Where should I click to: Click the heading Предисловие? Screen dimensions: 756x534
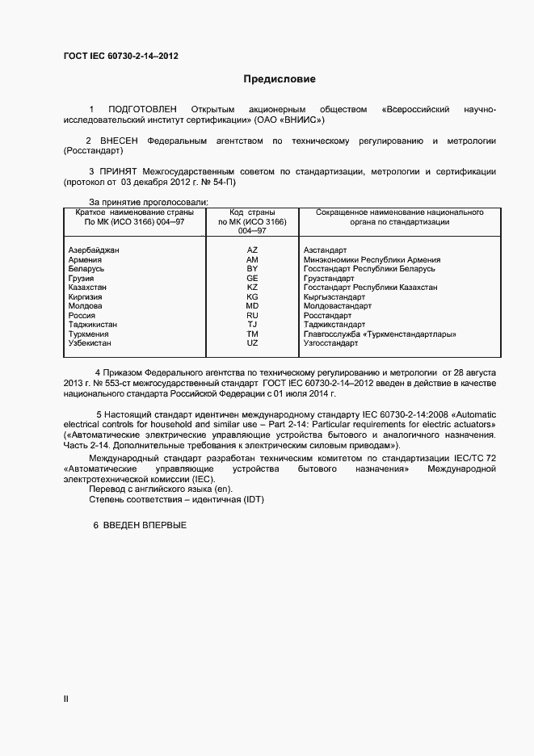click(x=280, y=79)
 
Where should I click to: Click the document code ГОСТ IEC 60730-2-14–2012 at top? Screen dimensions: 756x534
click(x=120, y=57)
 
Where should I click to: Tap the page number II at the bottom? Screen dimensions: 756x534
click(x=66, y=699)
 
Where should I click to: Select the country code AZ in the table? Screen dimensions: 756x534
click(x=252, y=250)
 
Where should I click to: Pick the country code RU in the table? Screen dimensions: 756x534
click(x=252, y=316)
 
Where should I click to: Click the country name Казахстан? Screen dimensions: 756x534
click(x=88, y=288)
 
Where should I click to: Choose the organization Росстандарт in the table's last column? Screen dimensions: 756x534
click(x=327, y=316)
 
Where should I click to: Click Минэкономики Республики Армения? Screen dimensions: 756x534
click(x=372, y=260)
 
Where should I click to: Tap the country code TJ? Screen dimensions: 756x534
click(x=252, y=325)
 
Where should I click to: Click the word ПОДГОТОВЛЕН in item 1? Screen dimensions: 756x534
click(x=142, y=109)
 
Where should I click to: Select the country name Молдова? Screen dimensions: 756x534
click(x=86, y=306)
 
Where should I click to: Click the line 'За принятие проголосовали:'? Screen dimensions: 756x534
click(x=149, y=202)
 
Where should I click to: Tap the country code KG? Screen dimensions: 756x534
click(x=252, y=297)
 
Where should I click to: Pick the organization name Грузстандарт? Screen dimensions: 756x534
click(x=329, y=279)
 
